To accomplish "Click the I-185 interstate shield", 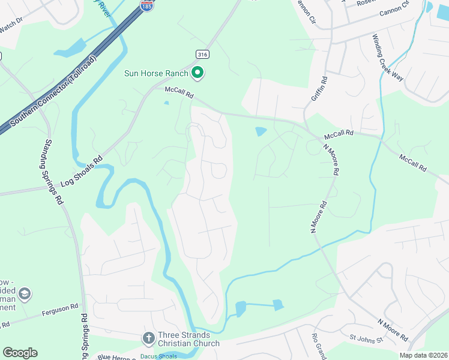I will (146, 5).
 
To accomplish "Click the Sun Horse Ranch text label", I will (155, 74).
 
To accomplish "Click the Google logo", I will (20, 353).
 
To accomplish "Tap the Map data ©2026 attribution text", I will (423, 355).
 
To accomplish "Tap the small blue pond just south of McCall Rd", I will (261, 131).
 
